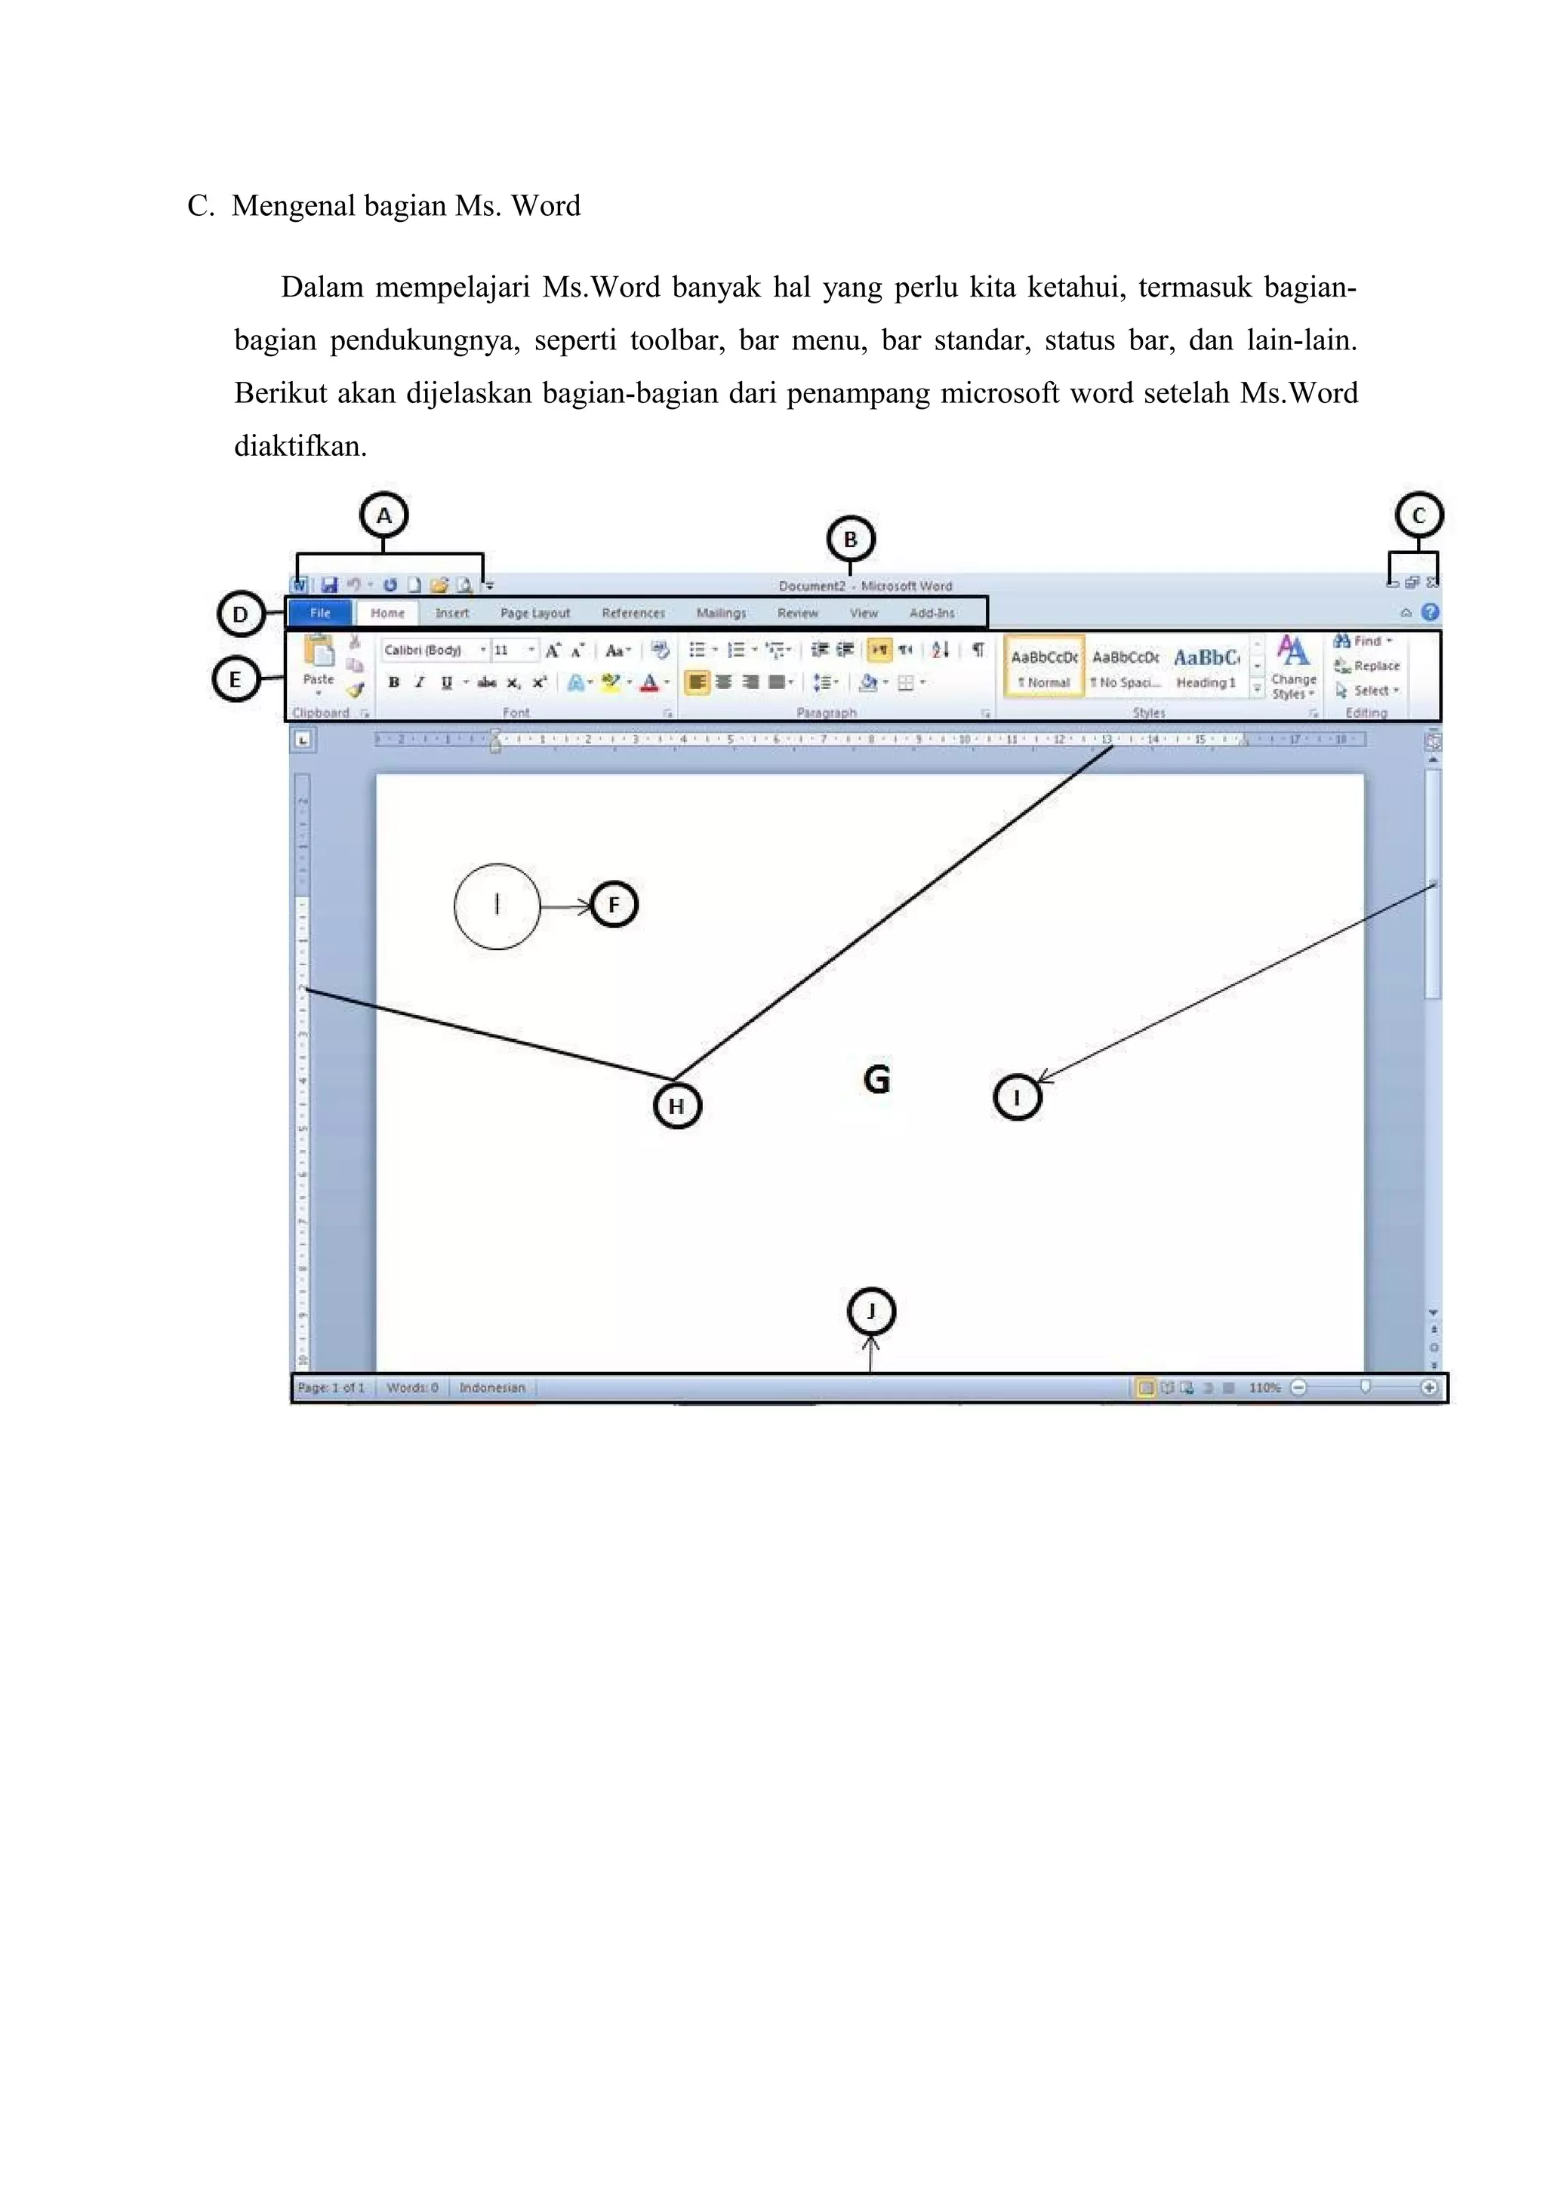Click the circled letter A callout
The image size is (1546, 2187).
click(384, 516)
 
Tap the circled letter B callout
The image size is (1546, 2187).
click(850, 539)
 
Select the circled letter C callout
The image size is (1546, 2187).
click(1418, 515)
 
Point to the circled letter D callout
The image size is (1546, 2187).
click(241, 614)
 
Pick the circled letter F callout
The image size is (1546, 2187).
click(614, 905)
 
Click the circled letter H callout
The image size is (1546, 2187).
click(676, 1106)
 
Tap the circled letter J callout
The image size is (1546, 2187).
click(870, 1312)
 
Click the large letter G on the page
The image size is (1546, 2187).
click(876, 1079)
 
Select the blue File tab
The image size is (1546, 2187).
click(320, 614)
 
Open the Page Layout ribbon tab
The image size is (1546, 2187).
click(534, 614)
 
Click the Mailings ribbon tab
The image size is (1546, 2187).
click(721, 614)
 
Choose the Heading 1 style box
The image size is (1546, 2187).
click(1206, 667)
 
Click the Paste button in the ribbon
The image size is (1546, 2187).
click(318, 662)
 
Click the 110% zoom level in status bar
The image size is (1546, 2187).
click(1264, 1388)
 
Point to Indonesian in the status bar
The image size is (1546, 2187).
click(491, 1388)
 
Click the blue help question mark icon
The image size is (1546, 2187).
click(1429, 613)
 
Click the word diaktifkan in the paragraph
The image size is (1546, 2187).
click(300, 447)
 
